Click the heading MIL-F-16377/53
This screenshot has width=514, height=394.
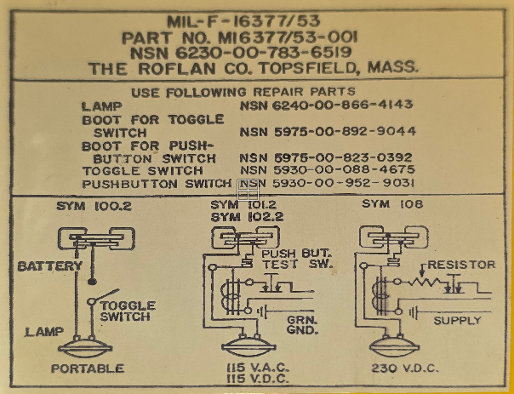pos(243,21)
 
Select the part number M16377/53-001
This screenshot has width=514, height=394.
pos(287,38)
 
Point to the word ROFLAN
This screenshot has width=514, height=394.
pos(177,69)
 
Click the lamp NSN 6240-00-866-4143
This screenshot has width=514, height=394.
pos(326,105)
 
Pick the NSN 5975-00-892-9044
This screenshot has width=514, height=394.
pos(328,132)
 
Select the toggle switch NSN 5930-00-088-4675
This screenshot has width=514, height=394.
pos(328,170)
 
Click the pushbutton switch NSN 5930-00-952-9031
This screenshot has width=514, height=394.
pos(327,183)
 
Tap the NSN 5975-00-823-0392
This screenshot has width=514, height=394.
pos(326,158)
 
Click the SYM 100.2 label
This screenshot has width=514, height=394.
pos(94,206)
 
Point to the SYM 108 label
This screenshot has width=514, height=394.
pos(392,204)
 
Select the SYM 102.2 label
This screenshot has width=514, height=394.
pos(247,217)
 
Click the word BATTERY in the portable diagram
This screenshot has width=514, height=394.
pos(50,266)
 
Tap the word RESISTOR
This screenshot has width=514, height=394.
pos(461,265)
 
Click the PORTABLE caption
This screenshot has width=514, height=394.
pos(88,368)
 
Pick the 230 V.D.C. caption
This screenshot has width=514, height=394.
pos(405,368)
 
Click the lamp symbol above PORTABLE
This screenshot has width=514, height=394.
pos(85,348)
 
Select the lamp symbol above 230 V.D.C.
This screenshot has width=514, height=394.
pos(394,346)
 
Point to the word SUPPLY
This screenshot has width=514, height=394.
pos(457,320)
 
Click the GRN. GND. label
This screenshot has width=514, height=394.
pos(302,325)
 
